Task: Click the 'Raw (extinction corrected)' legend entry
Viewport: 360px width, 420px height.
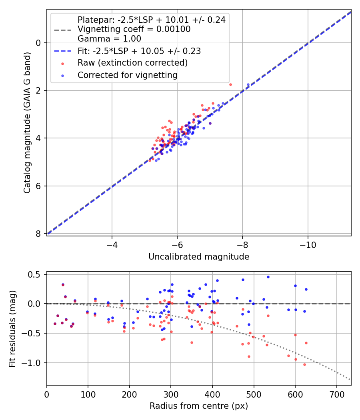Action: click(x=132, y=63)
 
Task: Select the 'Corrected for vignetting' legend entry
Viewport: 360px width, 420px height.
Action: click(x=128, y=75)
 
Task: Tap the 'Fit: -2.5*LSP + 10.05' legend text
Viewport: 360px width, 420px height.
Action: click(x=139, y=51)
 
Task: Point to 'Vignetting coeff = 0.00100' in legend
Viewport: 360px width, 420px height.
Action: click(x=134, y=29)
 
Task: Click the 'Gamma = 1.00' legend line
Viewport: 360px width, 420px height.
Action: click(x=109, y=39)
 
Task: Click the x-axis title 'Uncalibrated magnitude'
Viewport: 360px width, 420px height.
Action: click(x=199, y=257)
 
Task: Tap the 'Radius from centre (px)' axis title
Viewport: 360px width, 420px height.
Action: click(x=199, y=406)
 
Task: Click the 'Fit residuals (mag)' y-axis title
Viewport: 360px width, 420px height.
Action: click(x=13, y=328)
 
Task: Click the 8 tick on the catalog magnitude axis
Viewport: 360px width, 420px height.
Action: click(x=39, y=234)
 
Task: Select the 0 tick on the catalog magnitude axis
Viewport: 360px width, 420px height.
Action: click(x=39, y=43)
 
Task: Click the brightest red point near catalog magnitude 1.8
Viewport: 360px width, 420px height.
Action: click(x=230, y=84)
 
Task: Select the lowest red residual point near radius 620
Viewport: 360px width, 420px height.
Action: click(x=304, y=364)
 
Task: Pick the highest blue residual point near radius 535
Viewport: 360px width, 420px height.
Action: click(x=268, y=277)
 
